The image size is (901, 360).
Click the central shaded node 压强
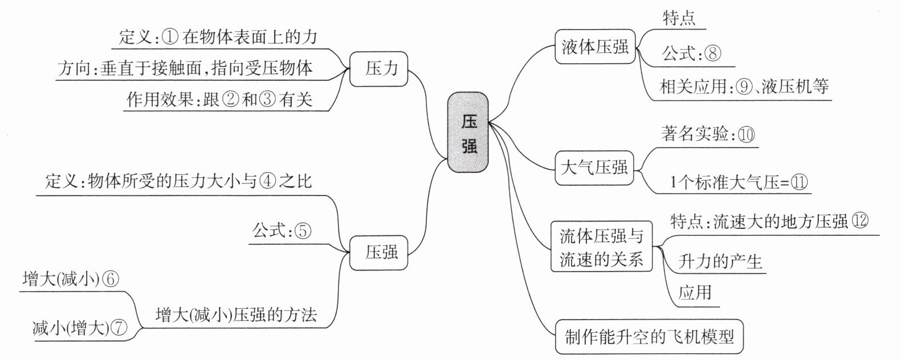coord(468,132)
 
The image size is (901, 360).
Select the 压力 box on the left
coord(378,69)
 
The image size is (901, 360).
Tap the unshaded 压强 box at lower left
coord(378,252)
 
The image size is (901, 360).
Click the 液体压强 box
coord(595,47)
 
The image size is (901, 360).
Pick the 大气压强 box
coord(594,167)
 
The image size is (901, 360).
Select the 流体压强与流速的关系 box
coord(601,246)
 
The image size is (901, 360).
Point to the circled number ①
coord(169,38)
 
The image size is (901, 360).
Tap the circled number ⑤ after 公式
coord(303,231)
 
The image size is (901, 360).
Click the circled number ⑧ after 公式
coord(713,53)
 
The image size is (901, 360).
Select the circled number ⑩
coord(747,134)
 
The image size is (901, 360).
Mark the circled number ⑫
coord(860,220)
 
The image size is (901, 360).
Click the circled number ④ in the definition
coord(268,181)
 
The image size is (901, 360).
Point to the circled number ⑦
coord(119,328)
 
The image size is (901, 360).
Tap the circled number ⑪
coord(799,182)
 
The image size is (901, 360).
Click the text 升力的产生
coord(720,262)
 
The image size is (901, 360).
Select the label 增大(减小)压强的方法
coord(236,314)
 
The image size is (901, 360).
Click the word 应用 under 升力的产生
coord(695,292)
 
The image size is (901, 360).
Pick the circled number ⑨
coord(744,87)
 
